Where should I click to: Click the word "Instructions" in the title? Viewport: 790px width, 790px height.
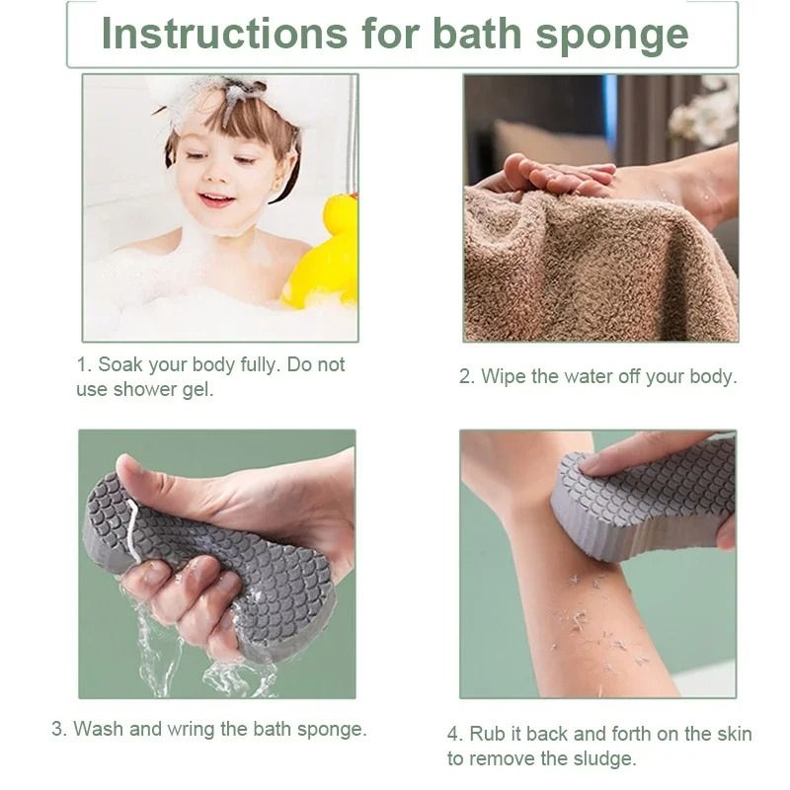click(224, 34)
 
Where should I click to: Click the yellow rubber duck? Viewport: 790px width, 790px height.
click(323, 254)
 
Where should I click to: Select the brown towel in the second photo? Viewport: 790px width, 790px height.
click(599, 267)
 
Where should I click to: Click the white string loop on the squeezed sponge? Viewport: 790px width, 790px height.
click(133, 529)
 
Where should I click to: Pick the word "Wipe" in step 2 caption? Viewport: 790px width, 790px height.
click(504, 377)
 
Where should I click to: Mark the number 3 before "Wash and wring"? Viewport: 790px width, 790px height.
click(58, 729)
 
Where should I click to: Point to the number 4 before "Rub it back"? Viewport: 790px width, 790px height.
click(454, 734)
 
